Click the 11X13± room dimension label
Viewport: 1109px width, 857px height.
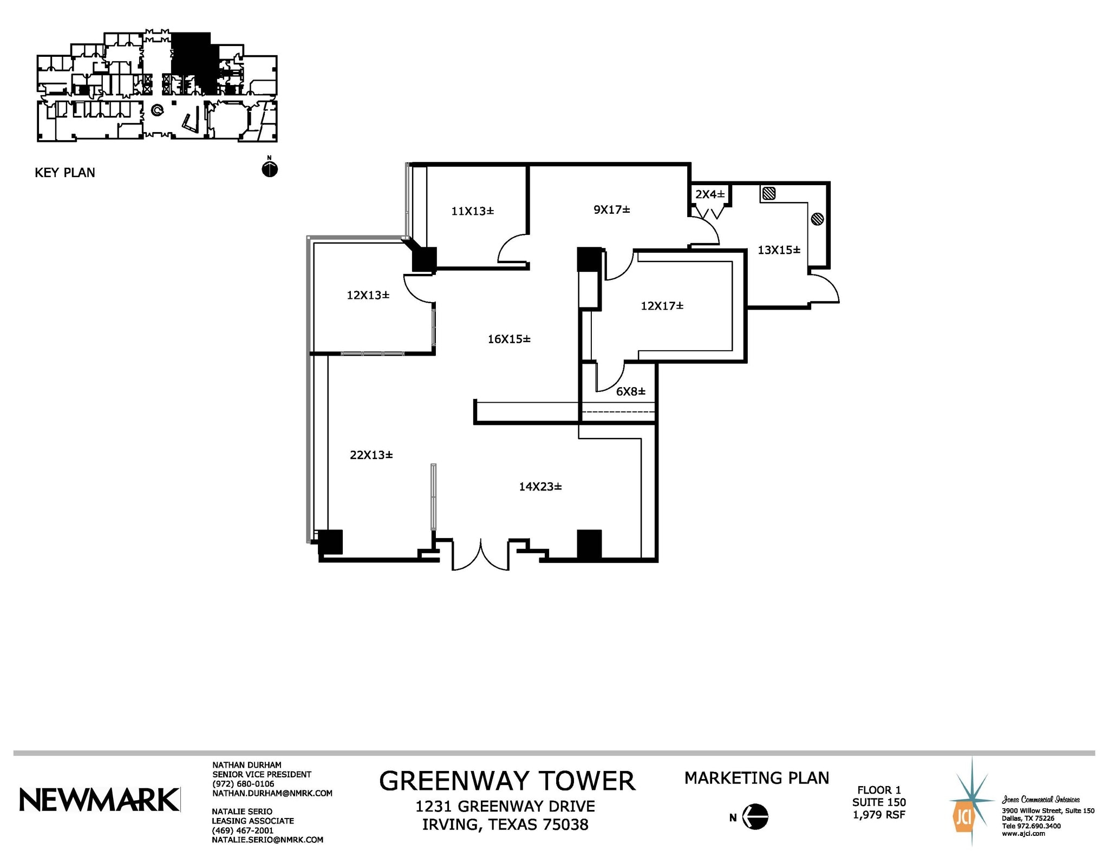472,211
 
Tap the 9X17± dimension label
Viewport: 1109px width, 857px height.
612,210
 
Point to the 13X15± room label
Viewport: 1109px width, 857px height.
779,250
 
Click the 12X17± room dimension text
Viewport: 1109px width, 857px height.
662,306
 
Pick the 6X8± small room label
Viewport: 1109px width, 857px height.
630,391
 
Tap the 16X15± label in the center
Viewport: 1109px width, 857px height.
509,339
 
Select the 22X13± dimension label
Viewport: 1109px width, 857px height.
371,455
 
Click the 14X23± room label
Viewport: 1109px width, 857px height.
540,487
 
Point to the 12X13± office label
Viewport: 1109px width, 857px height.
368,295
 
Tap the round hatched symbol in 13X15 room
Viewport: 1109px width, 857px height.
818,219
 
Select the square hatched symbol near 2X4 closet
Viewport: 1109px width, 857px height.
768,193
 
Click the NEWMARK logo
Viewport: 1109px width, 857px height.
100,800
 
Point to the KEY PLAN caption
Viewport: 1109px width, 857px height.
65,173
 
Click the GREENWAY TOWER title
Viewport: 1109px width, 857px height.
507,781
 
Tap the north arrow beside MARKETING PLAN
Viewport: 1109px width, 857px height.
755,816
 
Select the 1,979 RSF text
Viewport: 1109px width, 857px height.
879,815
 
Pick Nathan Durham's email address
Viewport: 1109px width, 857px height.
272,793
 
